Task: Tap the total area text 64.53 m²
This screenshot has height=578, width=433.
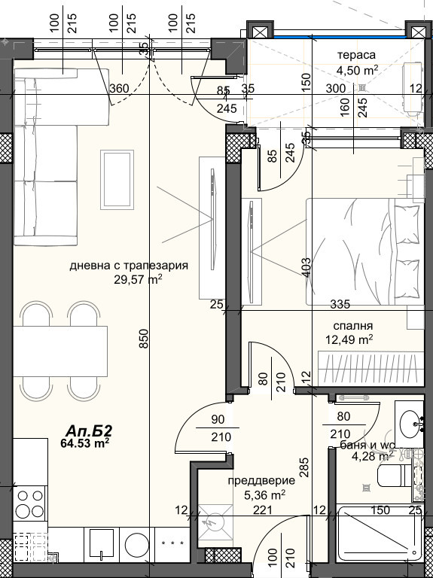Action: pos(85,443)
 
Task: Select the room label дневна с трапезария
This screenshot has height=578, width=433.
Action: pos(128,266)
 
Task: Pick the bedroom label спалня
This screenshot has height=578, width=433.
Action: pos(349,326)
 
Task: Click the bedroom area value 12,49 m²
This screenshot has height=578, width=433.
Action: pos(349,339)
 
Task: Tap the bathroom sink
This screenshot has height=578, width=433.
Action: pos(411,423)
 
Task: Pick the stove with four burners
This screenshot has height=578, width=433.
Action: pos(30,505)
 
